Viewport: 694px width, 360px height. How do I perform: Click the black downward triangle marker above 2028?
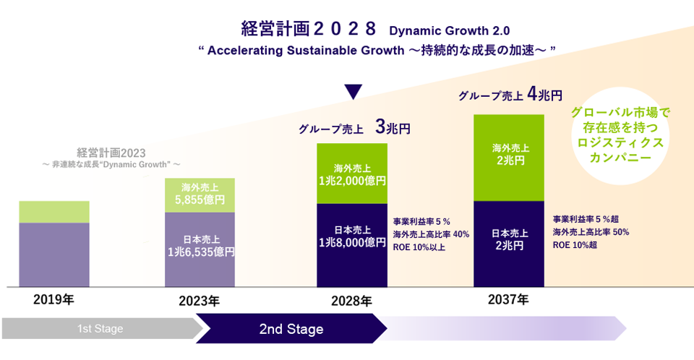352,92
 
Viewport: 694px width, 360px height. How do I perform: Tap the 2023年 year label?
199,300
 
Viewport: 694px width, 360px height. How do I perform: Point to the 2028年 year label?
352,300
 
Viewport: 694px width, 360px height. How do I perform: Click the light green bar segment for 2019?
53,212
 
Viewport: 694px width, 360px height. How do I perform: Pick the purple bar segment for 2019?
53,254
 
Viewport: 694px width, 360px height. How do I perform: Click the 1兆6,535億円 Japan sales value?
200,252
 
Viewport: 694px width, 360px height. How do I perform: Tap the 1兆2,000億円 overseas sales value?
352,181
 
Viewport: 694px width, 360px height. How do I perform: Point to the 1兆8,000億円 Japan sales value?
352,243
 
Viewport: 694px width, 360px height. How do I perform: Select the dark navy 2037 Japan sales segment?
509,243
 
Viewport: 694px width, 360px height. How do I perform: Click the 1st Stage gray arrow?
100,329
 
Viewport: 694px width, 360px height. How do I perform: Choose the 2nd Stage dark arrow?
291,329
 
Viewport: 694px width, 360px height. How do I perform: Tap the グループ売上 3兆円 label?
354,129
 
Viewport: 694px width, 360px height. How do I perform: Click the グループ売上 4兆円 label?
510,95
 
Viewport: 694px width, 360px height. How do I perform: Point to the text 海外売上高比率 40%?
431,234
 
